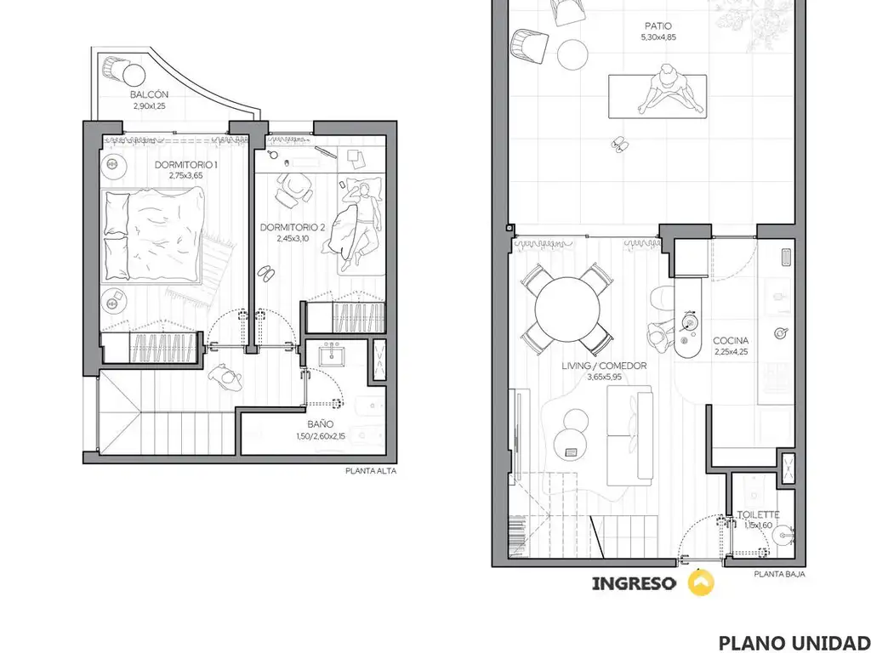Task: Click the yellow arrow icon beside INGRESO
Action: [x=701, y=582]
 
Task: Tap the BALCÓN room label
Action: [x=150, y=94]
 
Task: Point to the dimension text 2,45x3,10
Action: [x=293, y=239]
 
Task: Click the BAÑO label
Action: [x=321, y=425]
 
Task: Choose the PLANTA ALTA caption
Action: [x=371, y=471]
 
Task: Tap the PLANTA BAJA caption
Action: [x=779, y=574]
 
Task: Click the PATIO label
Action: [x=658, y=26]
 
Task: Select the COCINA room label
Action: [x=731, y=340]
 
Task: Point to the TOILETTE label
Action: [x=758, y=514]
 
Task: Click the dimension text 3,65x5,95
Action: [x=604, y=377]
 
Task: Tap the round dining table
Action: [x=568, y=309]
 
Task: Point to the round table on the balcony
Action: [x=134, y=75]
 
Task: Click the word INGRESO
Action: [x=635, y=583]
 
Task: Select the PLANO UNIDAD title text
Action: [x=794, y=642]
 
